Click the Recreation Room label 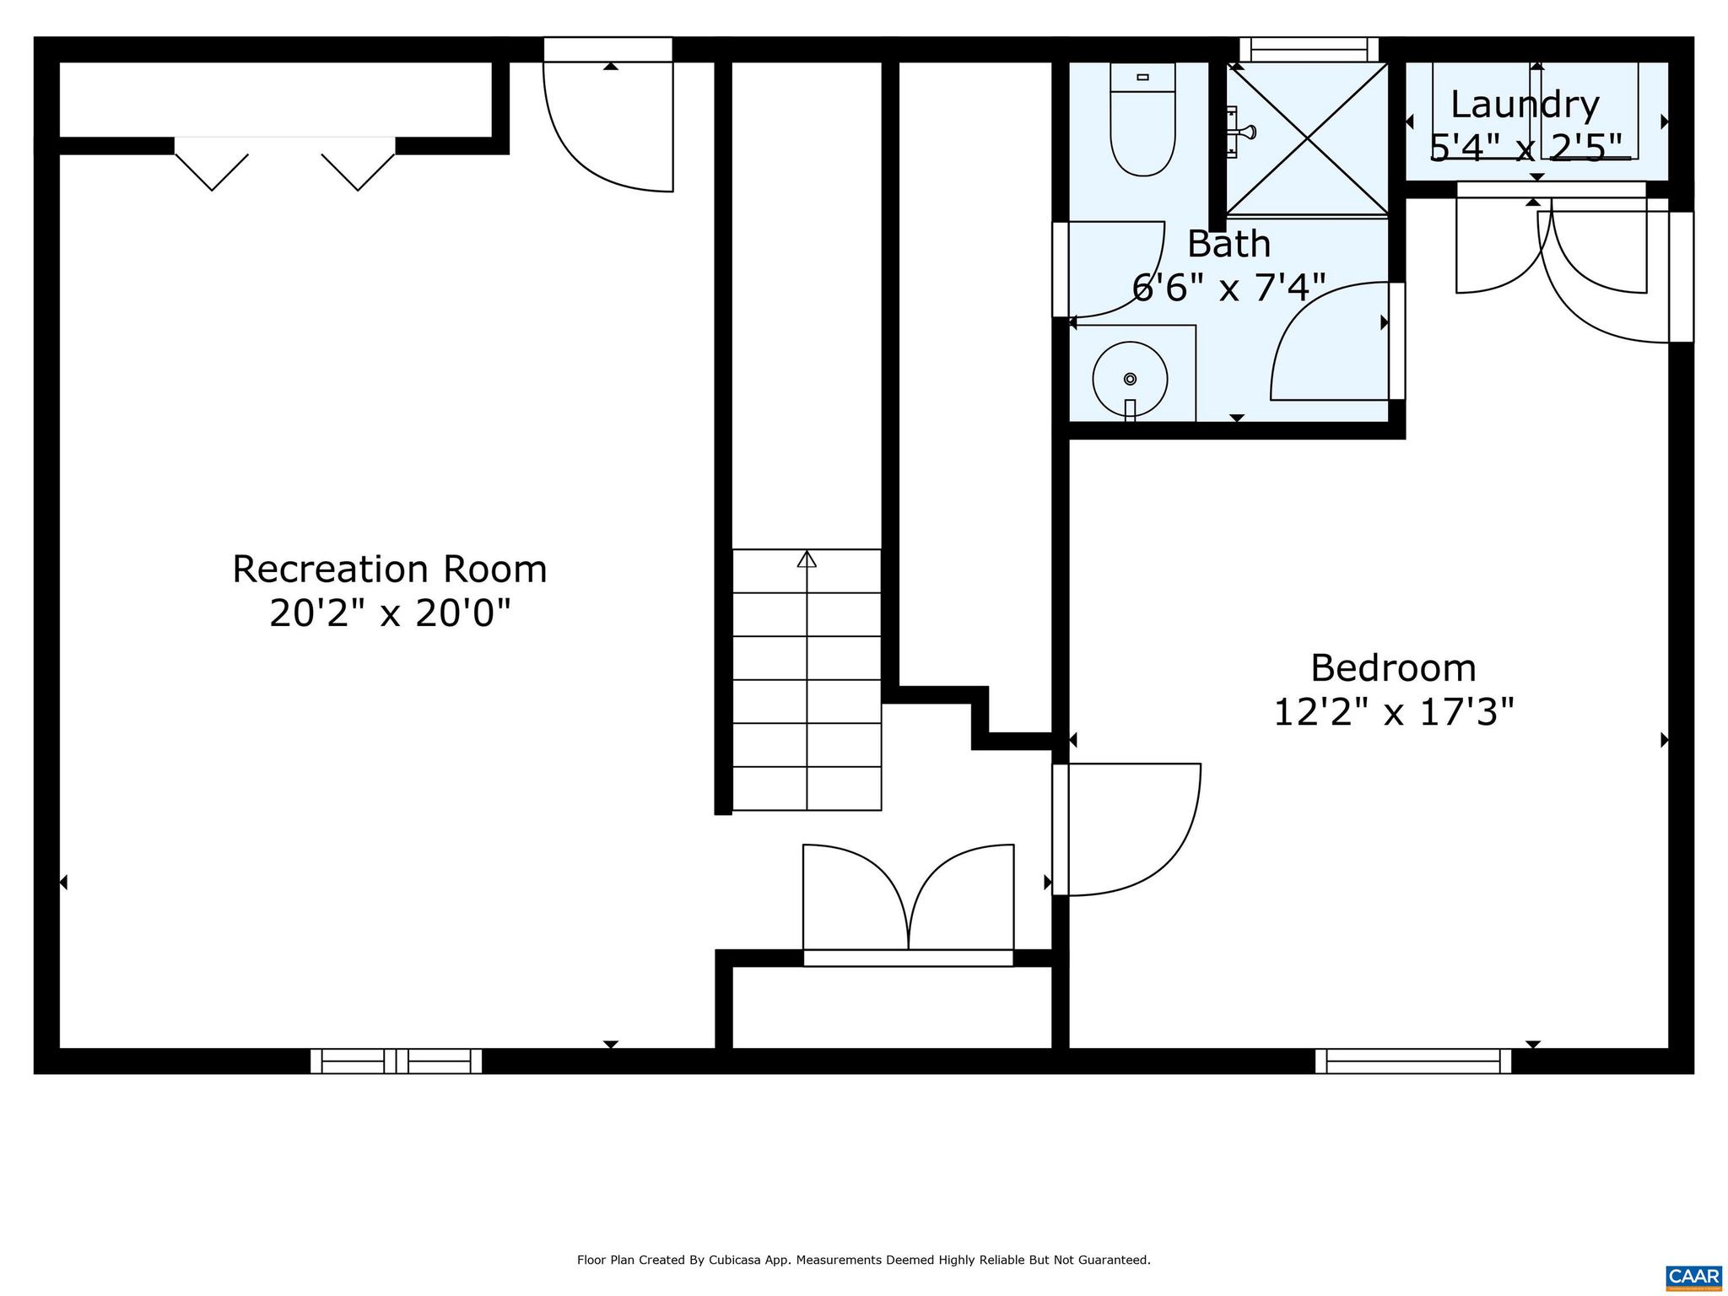coord(390,570)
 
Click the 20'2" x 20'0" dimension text coord(390,613)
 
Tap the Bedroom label coord(1393,668)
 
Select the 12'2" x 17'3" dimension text coord(1393,712)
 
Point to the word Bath coord(1228,245)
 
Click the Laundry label coord(1525,105)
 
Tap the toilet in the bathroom coord(1142,122)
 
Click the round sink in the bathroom coord(1130,379)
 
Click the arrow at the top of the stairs coord(807,559)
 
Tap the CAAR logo coord(1693,1275)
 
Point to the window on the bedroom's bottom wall coord(1413,1061)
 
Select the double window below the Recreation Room coord(396,1061)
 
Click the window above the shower coord(1309,50)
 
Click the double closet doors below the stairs coord(908,899)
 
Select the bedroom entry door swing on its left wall coord(1126,829)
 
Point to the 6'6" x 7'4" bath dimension coord(1228,289)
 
